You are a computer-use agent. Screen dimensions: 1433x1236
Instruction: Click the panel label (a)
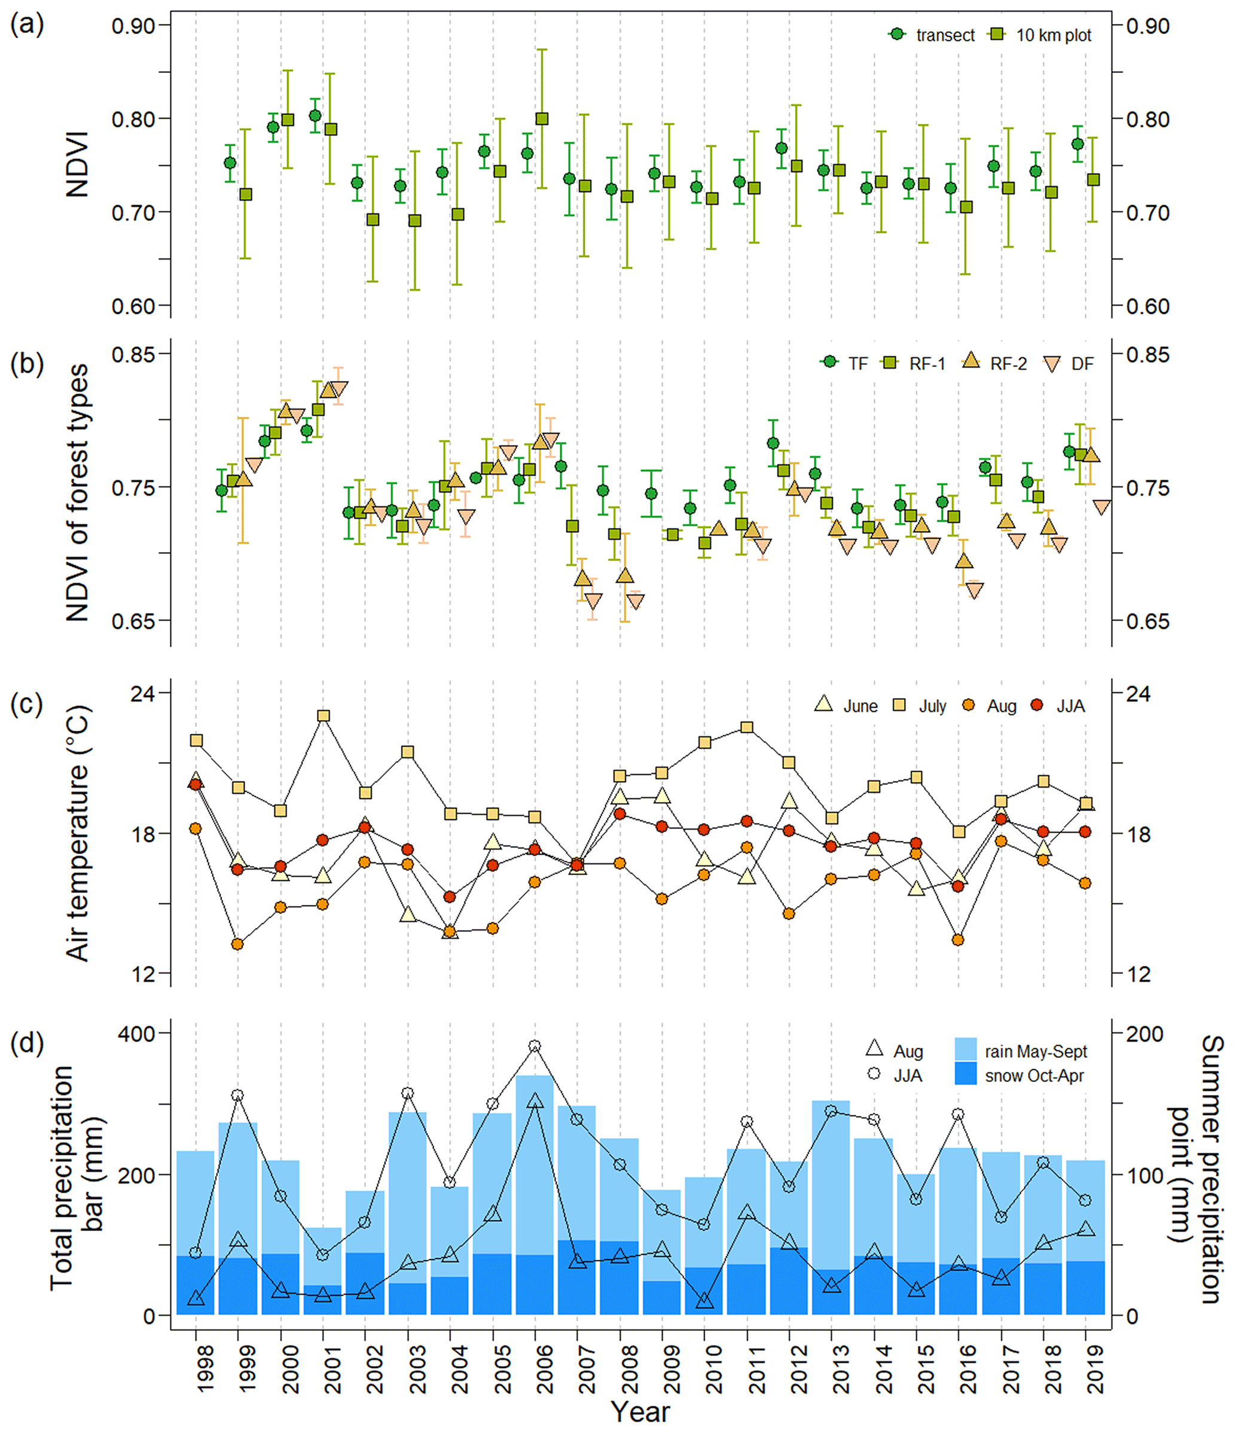(x=26, y=25)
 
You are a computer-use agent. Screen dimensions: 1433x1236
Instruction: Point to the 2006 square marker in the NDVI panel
(x=542, y=119)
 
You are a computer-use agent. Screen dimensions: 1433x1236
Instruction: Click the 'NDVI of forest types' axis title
(x=78, y=492)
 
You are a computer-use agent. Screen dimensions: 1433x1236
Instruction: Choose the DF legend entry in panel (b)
(x=1069, y=364)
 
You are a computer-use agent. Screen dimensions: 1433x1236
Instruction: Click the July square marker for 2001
(x=324, y=716)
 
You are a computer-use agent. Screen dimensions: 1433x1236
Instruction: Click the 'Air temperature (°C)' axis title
(x=78, y=833)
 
